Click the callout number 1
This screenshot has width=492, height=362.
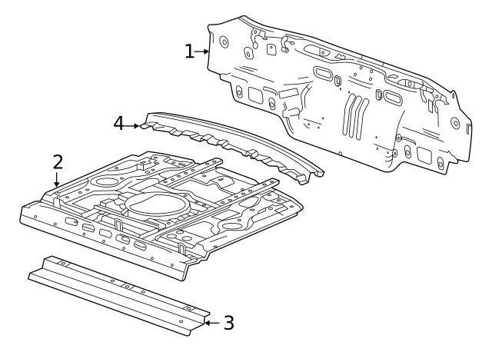pos(188,51)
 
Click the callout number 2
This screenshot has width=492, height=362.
pos(58,162)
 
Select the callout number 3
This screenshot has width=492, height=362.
pos(228,323)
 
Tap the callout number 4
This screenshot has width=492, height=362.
pos(118,123)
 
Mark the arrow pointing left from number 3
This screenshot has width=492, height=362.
pos(211,323)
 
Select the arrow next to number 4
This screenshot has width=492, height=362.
pos(135,124)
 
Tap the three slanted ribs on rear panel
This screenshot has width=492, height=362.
pos(354,115)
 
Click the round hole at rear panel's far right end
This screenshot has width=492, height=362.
pos(468,126)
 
